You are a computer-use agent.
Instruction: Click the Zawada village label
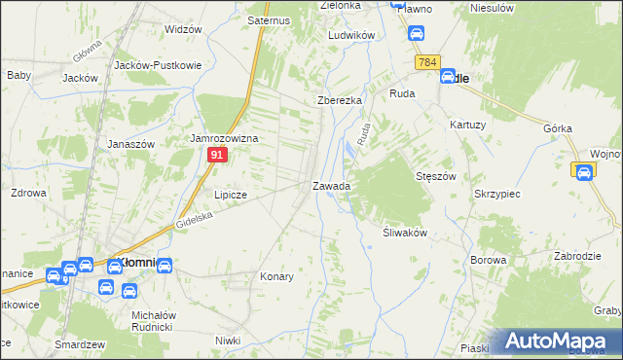click(x=331, y=185)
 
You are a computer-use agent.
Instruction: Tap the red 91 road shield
click(x=218, y=155)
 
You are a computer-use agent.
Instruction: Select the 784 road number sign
click(x=426, y=62)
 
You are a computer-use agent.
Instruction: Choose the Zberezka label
click(x=340, y=100)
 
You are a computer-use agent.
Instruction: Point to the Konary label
click(x=276, y=276)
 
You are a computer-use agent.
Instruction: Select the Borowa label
click(x=489, y=261)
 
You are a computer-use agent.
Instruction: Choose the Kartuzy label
click(x=468, y=125)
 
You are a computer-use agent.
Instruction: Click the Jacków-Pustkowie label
click(x=158, y=64)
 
